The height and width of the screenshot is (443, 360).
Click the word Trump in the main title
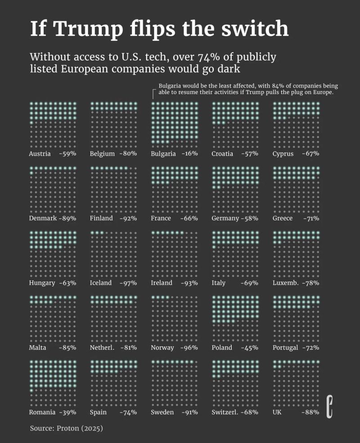coord(87,29)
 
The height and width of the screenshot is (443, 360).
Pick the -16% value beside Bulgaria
coord(189,154)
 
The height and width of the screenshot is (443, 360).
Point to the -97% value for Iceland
coord(129,283)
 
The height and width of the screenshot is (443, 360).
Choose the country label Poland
coord(222,348)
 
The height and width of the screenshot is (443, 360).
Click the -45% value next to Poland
coord(250,348)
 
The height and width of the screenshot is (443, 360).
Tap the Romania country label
coord(42,412)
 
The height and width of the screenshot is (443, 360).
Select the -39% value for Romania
coord(67,412)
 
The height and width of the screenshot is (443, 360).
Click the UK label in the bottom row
coord(277,412)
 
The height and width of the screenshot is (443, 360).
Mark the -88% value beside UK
coord(310,412)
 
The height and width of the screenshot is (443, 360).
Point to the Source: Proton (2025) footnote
coord(67,428)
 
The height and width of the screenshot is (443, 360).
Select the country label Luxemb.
coord(285,283)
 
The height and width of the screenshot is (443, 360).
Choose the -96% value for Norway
coord(189,348)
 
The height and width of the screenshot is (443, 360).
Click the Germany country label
coord(225,218)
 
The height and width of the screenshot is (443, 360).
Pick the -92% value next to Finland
coord(129,218)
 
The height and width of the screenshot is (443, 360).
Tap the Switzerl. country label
coord(225,412)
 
